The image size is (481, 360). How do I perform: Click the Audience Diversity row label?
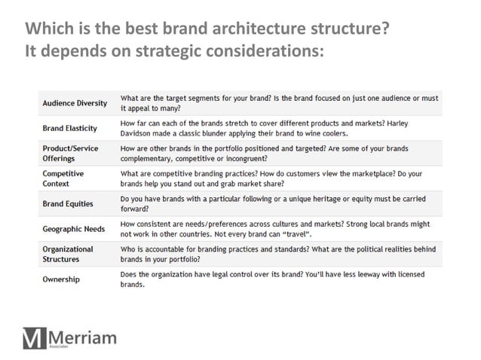click(x=75, y=102)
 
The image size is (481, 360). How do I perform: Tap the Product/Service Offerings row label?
click(x=70, y=154)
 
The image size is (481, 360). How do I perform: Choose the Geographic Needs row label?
click(x=73, y=227)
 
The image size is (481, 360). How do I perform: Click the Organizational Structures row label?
click(x=68, y=253)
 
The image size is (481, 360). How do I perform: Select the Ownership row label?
click(x=61, y=279)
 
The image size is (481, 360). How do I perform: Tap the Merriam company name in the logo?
click(x=82, y=337)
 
